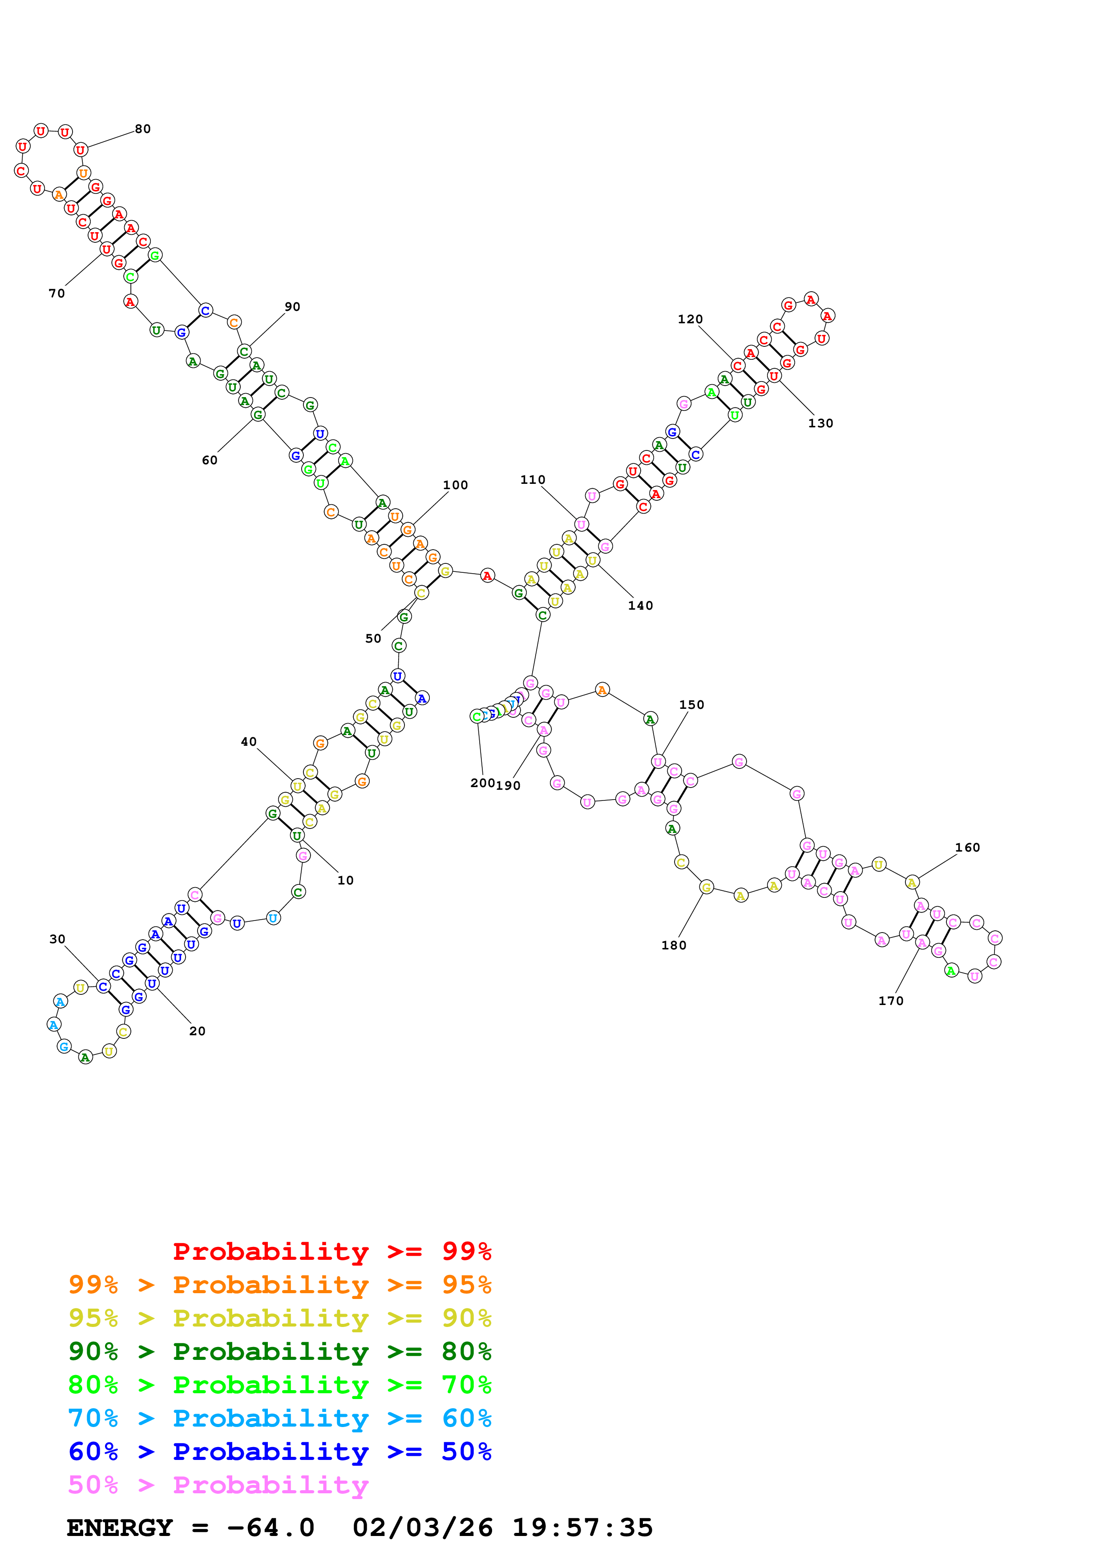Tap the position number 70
click(x=57, y=294)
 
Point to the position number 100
click(x=455, y=485)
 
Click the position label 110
click(x=533, y=480)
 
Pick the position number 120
click(x=690, y=319)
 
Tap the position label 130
click(x=820, y=423)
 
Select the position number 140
click(x=640, y=605)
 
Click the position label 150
click(x=692, y=704)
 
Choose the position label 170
click(x=891, y=1001)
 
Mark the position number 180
click(x=674, y=945)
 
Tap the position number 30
click(x=57, y=939)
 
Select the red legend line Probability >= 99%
click(x=331, y=1251)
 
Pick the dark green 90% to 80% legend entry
click(x=279, y=1351)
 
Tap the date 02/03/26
click(x=422, y=1528)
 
